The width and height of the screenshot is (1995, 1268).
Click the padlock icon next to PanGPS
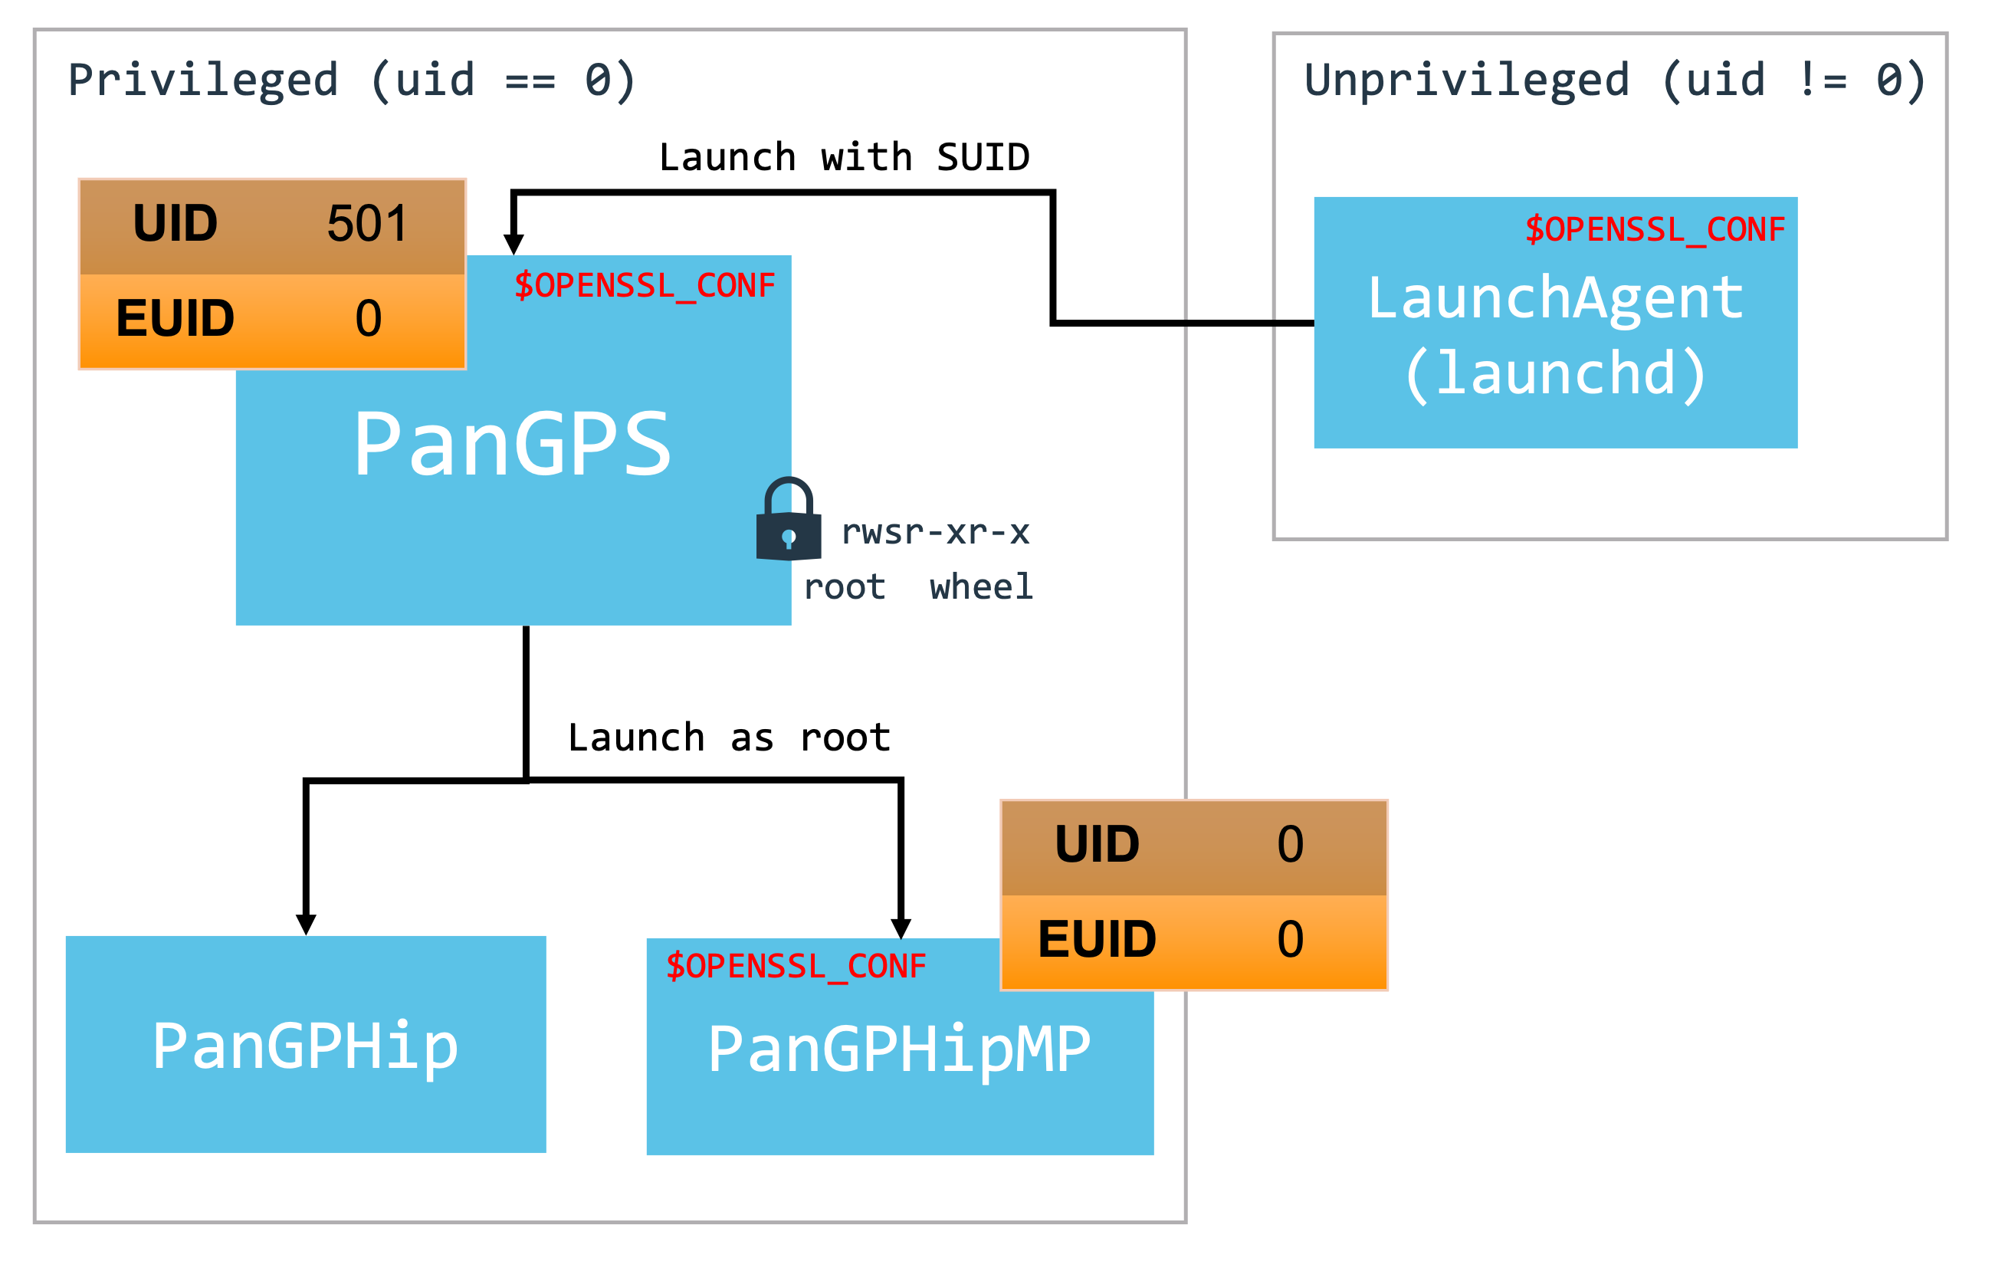coord(788,521)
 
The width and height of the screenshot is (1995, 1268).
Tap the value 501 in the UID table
coord(367,224)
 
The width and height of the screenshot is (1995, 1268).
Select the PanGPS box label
coord(512,445)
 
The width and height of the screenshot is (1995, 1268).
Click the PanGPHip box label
coord(305,1046)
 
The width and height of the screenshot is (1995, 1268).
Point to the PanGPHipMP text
coord(899,1050)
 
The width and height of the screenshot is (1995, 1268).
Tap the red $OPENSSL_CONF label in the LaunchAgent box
coord(1655,229)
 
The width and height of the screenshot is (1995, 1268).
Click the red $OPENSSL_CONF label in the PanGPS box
coord(644,286)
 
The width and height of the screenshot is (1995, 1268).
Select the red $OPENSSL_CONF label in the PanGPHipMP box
coord(796,966)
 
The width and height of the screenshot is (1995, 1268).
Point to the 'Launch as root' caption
coord(728,737)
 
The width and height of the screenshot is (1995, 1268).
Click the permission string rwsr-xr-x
coord(934,532)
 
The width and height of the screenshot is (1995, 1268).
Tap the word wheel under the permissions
coord(981,586)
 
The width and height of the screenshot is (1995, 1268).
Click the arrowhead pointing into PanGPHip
coord(306,924)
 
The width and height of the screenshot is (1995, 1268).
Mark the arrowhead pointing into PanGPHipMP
coord(901,928)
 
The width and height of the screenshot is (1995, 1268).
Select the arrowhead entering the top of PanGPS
coord(514,244)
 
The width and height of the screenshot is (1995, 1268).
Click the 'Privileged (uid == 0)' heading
coord(351,80)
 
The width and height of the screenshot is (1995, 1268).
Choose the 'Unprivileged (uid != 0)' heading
coord(1614,80)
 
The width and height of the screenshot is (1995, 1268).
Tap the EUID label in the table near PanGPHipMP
coord(1096,939)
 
